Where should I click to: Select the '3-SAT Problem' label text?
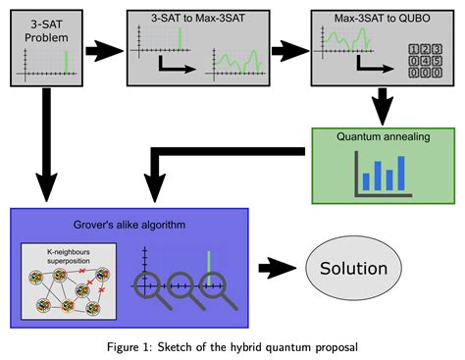point(46,27)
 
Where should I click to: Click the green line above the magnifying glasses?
point(208,265)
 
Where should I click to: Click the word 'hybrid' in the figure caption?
point(266,346)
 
